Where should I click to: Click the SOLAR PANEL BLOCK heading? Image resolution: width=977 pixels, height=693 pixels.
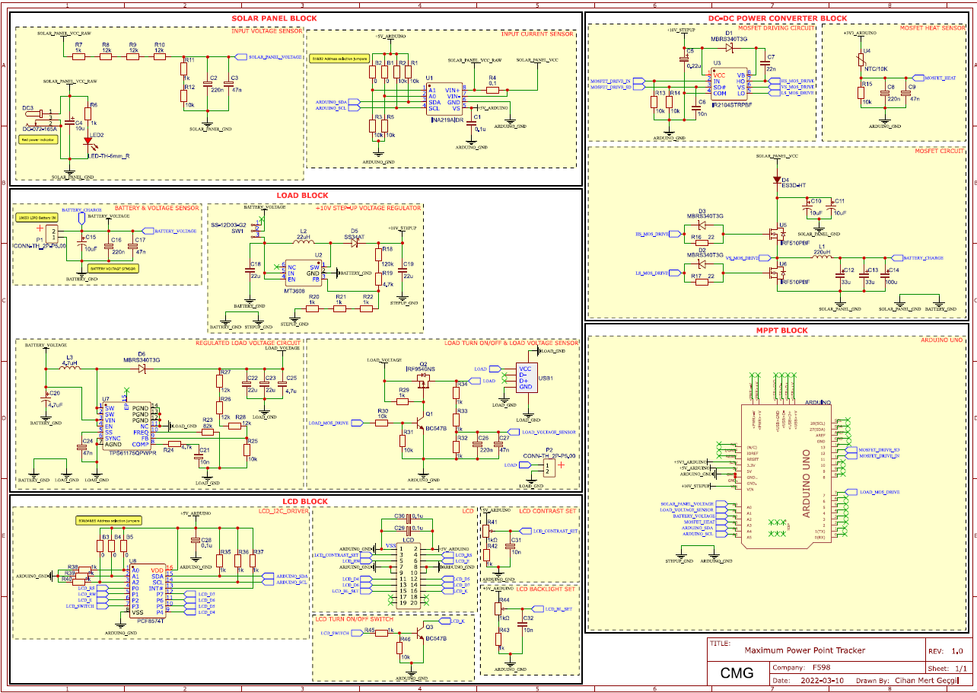coord(274,18)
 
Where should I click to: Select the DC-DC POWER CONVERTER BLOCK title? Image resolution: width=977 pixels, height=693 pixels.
coord(778,18)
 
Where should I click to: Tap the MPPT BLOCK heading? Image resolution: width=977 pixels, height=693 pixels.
coord(781,331)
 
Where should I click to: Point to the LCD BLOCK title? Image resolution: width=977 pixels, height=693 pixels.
coord(304,502)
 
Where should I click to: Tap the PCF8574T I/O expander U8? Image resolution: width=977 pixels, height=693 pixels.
coord(148,591)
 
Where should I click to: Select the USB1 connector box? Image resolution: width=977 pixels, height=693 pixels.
coord(527,377)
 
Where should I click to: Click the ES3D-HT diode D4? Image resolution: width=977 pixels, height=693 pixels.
coord(776,180)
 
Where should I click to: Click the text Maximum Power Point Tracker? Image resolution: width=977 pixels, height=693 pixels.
coord(804,650)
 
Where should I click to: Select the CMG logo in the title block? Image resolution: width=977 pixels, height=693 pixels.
coord(737,672)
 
